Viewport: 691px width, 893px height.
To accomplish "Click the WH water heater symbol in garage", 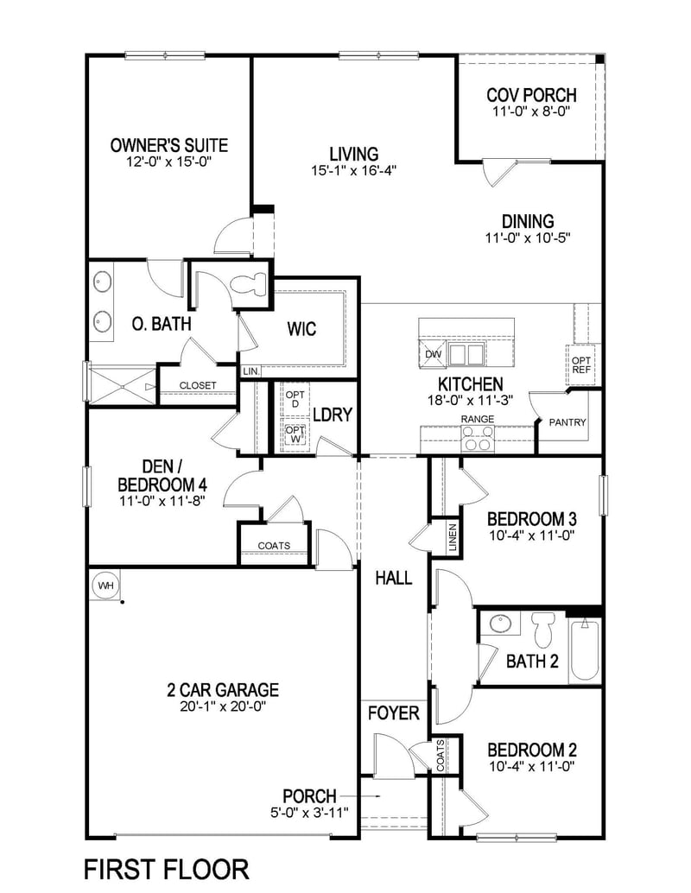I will (105, 586).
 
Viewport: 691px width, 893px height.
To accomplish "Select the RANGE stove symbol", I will (478, 440).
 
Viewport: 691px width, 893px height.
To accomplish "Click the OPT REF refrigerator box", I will (580, 364).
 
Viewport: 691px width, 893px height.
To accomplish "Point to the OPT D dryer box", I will (295, 398).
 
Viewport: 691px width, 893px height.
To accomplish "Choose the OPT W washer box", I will (295, 434).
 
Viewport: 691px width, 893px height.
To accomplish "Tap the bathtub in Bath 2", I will (585, 648).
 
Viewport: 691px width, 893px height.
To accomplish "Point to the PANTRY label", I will (567, 423).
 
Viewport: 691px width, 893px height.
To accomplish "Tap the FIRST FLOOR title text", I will (166, 868).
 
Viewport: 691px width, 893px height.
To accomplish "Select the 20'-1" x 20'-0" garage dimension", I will (223, 706).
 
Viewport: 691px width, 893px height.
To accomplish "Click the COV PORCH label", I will (531, 95).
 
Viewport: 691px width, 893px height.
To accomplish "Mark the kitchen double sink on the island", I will (467, 354).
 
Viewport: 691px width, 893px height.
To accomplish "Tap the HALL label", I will (393, 578).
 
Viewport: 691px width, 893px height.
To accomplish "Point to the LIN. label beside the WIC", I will (251, 370).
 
